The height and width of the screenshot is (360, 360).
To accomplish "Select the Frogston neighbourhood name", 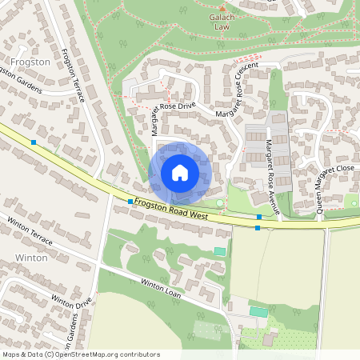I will click(30, 61).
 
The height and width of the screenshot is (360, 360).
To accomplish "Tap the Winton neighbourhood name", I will click(31, 258).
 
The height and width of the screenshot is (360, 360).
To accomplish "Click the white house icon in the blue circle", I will click(180, 172).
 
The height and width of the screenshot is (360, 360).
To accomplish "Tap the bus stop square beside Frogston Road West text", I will click(130, 202).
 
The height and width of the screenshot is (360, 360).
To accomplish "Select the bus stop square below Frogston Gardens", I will click(34, 142).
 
